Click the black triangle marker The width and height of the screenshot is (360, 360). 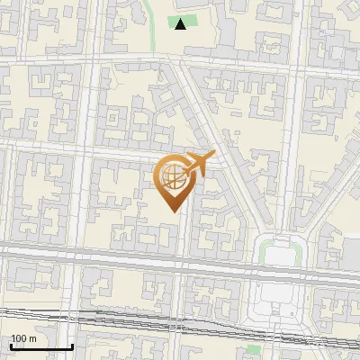pos(181,24)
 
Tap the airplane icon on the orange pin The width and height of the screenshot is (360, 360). pos(197,163)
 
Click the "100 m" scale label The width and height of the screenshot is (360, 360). pos(23,338)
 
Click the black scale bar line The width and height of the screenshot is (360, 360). pos(40,347)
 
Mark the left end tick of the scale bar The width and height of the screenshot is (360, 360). pos(11,346)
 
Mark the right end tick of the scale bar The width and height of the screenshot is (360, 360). pos(71,346)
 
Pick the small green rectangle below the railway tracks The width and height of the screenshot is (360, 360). pos(255,347)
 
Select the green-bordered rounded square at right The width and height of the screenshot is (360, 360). pos(280,254)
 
